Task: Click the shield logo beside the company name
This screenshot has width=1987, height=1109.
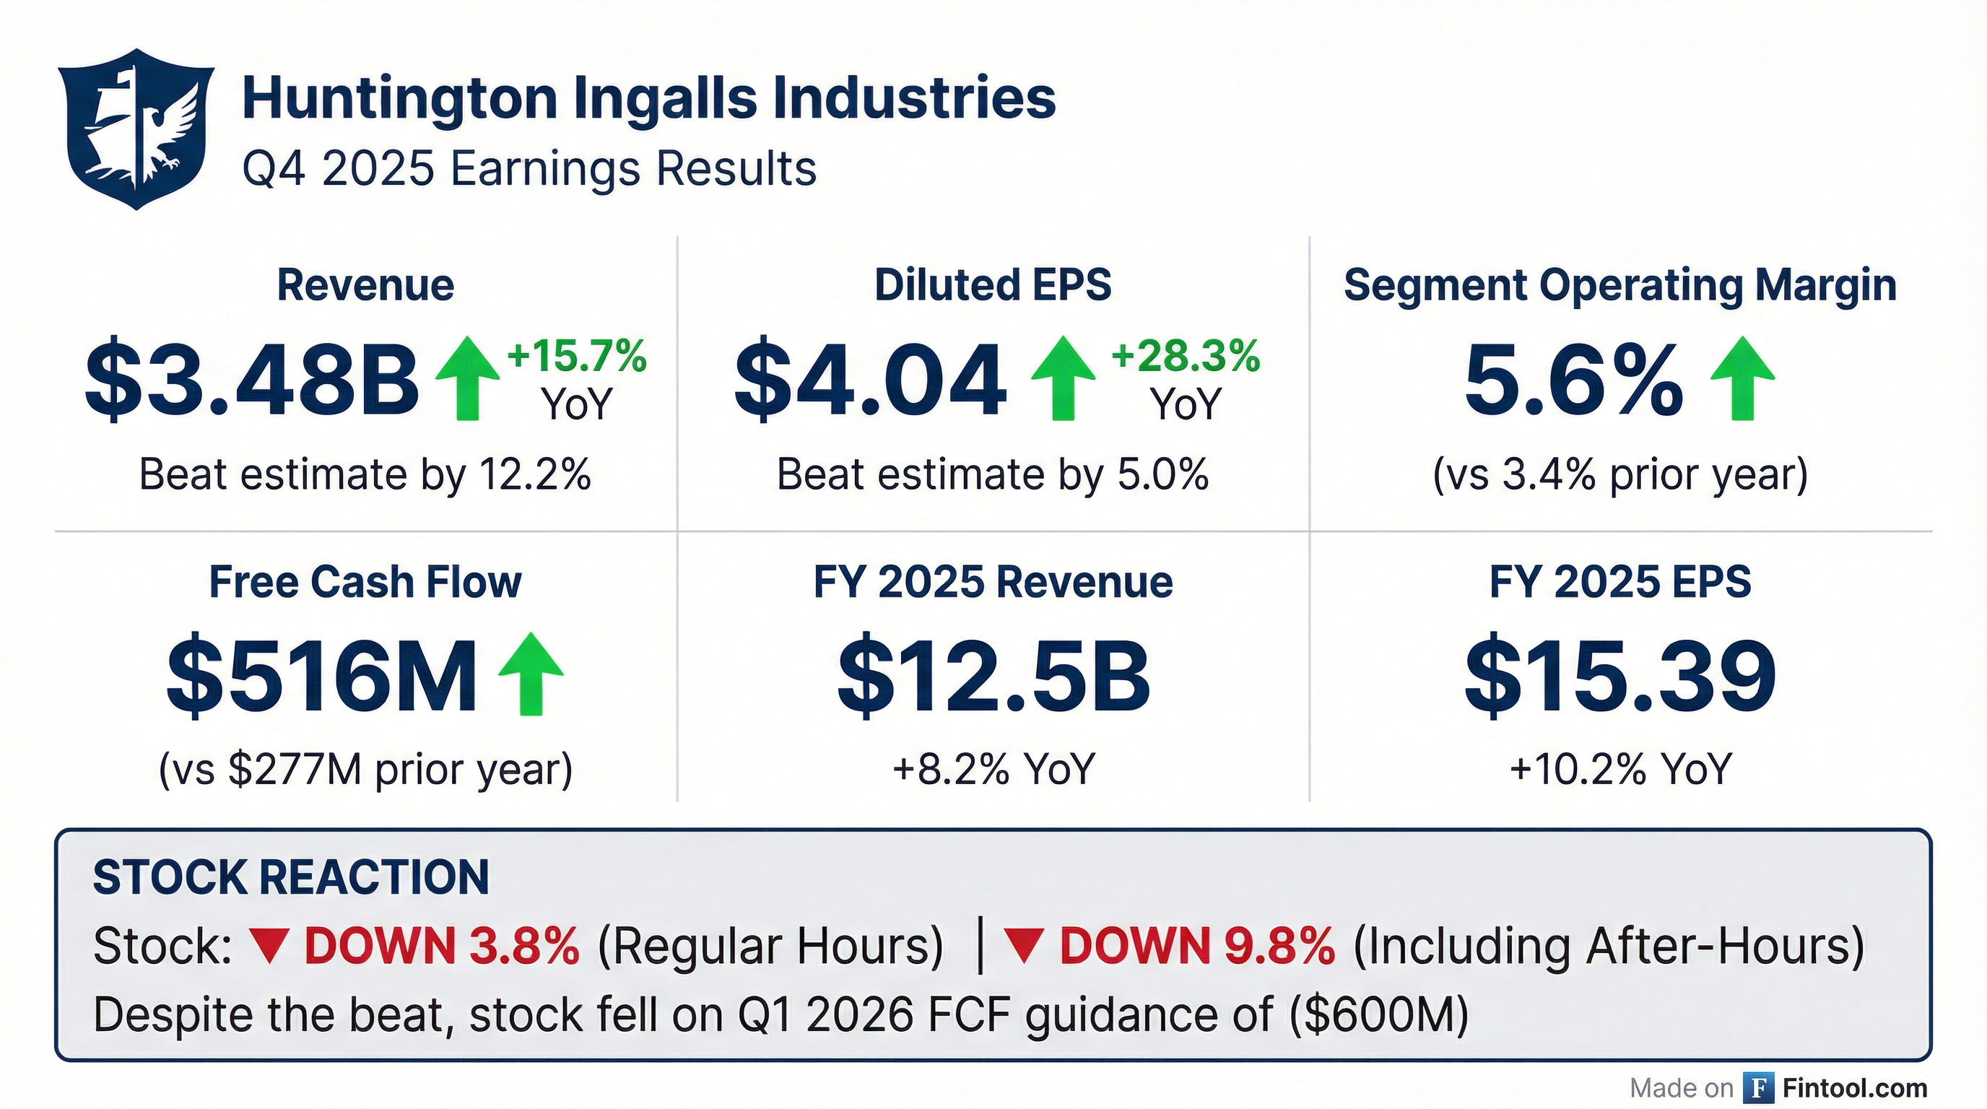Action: [x=136, y=129]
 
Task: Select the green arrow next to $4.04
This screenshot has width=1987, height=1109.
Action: [x=1063, y=378]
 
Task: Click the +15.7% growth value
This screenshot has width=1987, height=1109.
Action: [x=577, y=356]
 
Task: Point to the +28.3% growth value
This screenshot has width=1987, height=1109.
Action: [x=1186, y=356]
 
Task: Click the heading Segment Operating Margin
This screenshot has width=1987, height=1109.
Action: [x=1619, y=285]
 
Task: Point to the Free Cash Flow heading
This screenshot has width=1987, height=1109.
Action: [x=365, y=581]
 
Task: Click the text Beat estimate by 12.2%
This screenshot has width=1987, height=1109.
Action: [x=365, y=474]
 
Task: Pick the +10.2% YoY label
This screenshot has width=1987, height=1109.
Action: [x=1619, y=769]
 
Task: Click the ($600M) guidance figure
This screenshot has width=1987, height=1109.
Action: [x=1379, y=1014]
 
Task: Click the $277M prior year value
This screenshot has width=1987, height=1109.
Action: [x=295, y=769]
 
